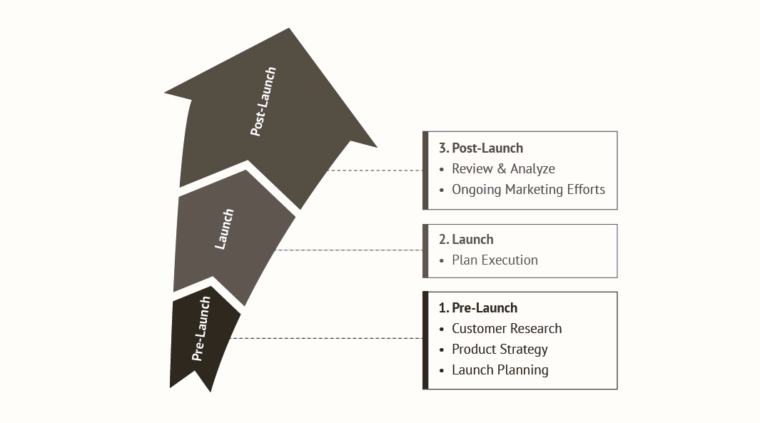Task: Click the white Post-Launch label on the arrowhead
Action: click(263, 102)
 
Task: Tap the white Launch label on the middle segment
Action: click(225, 229)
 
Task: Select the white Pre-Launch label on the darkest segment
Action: click(203, 328)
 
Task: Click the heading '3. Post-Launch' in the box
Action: click(481, 148)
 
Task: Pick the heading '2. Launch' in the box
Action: click(466, 240)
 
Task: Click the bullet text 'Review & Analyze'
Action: click(503, 169)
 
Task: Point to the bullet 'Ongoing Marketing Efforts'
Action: click(528, 190)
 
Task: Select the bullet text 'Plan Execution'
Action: click(495, 260)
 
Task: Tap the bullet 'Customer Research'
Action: click(507, 329)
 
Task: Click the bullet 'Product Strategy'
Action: click(500, 350)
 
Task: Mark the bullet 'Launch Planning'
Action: click(500, 370)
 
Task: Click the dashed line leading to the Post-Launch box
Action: click(375, 170)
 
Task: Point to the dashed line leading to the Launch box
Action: click(350, 250)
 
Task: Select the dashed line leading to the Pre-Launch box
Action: click(328, 338)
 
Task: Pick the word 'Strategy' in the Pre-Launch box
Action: click(524, 350)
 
